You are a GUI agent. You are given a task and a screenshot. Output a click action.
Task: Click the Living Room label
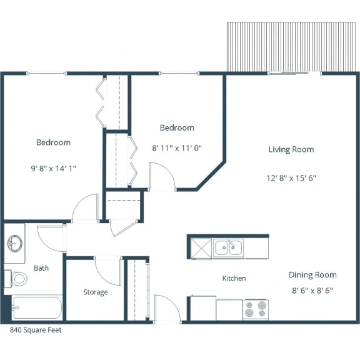tap(291, 149)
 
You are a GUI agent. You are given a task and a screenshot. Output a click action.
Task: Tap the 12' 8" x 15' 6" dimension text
tap(291, 178)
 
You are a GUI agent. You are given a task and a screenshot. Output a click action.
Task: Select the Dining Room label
tap(312, 275)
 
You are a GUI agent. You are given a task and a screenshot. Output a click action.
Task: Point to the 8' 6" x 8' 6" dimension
tap(312, 291)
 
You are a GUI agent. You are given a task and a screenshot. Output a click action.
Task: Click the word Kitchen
tap(234, 278)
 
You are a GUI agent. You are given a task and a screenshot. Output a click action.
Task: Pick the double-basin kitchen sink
tap(229, 247)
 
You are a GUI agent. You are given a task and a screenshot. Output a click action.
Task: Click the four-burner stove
tap(256, 309)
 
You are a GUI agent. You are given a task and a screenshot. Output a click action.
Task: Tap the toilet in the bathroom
tap(16, 279)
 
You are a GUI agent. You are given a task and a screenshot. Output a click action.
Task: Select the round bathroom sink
tap(15, 243)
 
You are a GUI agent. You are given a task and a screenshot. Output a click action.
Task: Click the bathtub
tap(37, 307)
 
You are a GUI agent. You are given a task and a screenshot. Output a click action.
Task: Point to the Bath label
tap(41, 268)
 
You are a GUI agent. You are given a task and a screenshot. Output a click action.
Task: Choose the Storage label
tap(96, 292)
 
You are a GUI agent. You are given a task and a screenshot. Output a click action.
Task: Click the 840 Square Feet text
tap(36, 330)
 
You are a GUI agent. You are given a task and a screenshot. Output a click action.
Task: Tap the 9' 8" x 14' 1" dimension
tap(53, 169)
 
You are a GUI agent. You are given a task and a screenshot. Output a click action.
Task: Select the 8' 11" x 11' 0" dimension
tap(177, 148)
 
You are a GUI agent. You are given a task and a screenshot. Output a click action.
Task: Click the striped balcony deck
tap(291, 47)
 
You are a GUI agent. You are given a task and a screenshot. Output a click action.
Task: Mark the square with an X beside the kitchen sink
tap(201, 248)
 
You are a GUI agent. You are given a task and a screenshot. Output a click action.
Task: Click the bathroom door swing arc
tap(46, 243)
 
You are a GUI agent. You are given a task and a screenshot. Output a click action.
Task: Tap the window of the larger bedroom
tap(46, 74)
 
